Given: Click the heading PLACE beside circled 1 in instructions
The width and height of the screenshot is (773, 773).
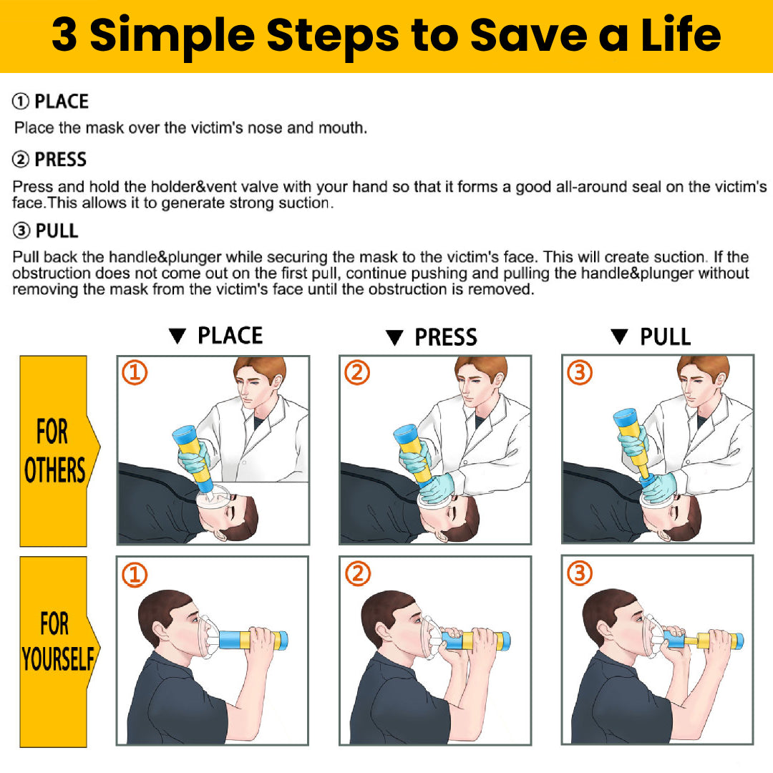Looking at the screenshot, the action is coord(61,102).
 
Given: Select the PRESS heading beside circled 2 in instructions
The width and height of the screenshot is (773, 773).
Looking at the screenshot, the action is coord(60,160).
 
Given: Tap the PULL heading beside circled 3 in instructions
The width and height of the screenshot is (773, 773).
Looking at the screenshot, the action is coord(57,230).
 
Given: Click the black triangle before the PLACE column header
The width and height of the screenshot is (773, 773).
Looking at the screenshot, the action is coord(177,336).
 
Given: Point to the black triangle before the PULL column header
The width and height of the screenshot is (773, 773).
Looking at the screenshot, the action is coord(619,336).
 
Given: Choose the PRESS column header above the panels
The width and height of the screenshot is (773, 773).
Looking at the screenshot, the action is coord(446,337).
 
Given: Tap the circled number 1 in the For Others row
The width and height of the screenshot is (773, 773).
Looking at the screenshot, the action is coord(135,372).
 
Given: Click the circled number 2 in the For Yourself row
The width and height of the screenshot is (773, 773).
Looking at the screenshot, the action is coord(357,573).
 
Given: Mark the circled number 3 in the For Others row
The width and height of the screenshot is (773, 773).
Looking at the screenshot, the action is coord(580,372).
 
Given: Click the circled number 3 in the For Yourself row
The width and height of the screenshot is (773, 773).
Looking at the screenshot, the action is coord(580,573).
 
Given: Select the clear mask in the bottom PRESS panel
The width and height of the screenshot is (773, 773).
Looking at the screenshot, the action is coord(431,638).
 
